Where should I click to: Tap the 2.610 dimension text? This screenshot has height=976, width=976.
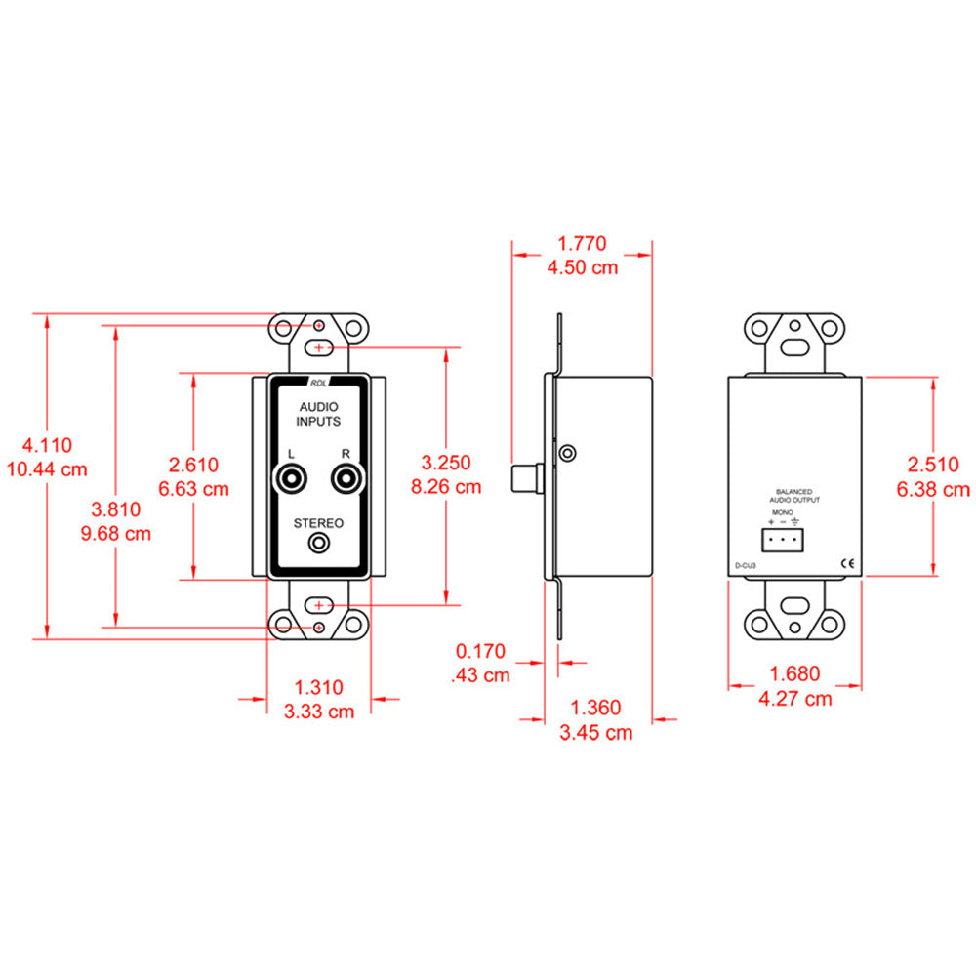[193, 465]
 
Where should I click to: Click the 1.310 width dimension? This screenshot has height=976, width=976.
[318, 687]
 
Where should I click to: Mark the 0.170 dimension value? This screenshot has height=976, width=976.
[483, 649]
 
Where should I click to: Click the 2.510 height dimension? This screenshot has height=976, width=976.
[933, 465]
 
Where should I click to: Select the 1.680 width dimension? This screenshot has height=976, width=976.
[794, 672]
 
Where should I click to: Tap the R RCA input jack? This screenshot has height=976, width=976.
[345, 479]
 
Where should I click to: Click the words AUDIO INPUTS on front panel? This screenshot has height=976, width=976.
[318, 414]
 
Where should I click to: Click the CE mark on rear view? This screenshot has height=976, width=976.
[847, 563]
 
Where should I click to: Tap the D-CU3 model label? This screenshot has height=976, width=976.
[746, 564]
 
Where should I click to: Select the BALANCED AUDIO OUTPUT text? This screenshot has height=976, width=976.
[793, 496]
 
